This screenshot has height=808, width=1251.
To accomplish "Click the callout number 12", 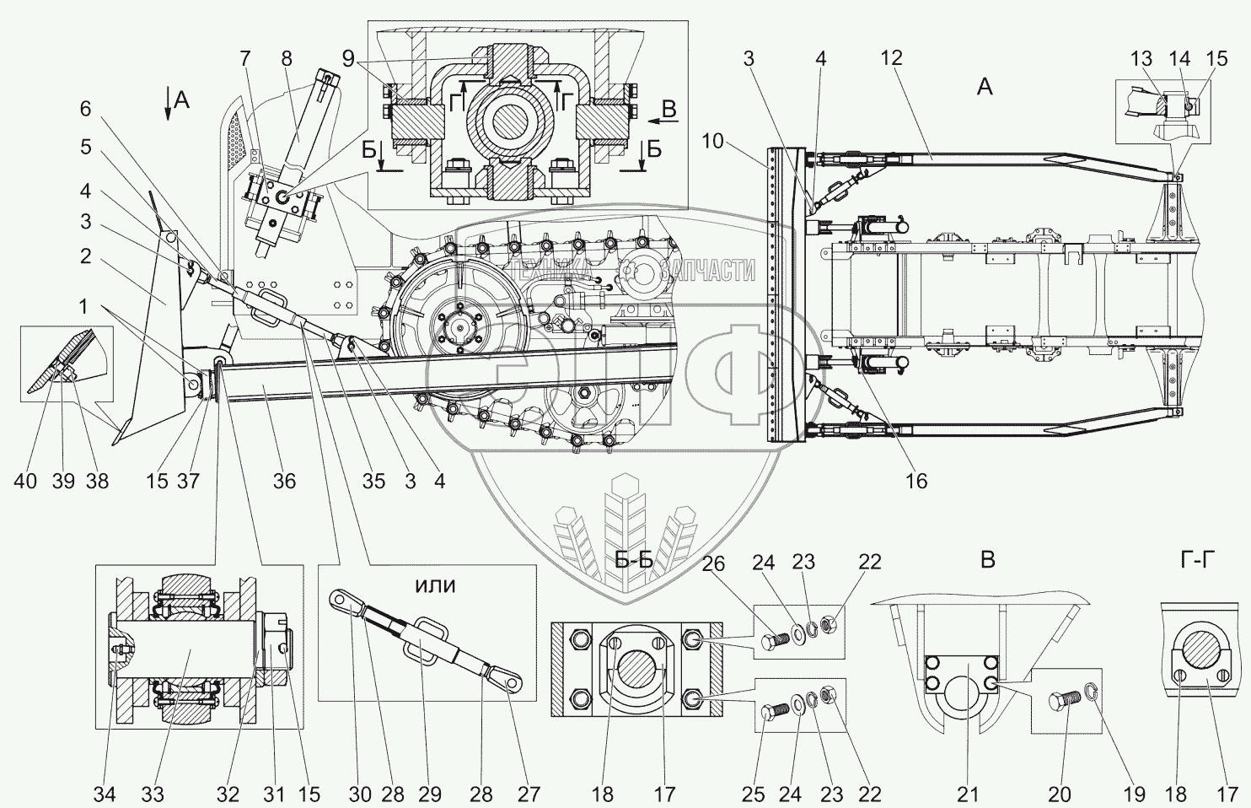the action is (891, 57).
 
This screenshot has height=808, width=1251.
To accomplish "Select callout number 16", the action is (915, 481).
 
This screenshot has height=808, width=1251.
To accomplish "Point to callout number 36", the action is (284, 481).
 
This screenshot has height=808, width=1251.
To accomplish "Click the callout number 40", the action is (25, 481).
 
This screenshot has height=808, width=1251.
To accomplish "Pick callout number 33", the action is (153, 795).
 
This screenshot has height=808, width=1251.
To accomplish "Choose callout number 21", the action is (968, 795).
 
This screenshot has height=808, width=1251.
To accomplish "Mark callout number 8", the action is (287, 59).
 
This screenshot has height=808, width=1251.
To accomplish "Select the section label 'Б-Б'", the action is (634, 559).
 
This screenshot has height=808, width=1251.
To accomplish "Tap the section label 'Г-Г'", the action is (1198, 559).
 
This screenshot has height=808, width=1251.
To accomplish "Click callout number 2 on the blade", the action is (85, 256).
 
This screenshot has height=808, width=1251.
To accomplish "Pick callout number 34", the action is (105, 795).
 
